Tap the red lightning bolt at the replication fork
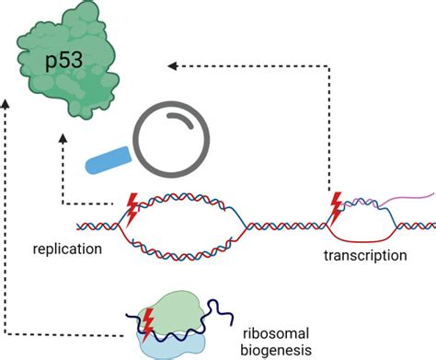click(x=131, y=210)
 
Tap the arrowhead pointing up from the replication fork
click(x=63, y=137)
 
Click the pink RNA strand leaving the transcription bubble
click(x=405, y=196)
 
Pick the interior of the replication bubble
click(x=188, y=223)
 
